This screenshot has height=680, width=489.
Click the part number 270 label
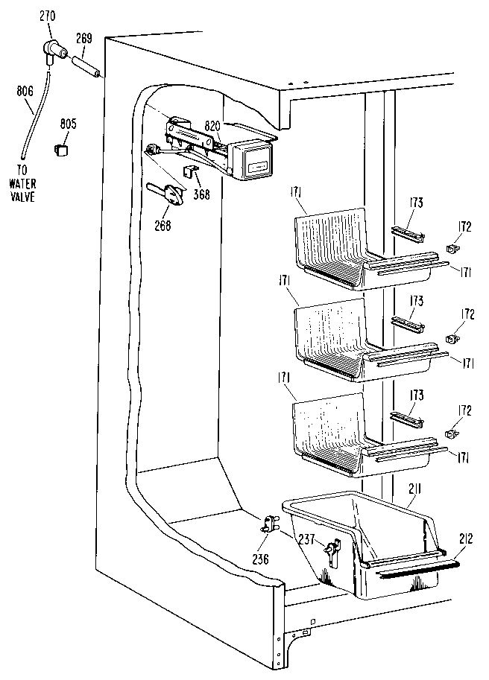[48, 15]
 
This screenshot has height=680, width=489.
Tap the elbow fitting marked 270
[52, 51]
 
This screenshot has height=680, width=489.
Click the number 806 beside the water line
[24, 92]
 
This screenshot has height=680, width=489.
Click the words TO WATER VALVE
[22, 186]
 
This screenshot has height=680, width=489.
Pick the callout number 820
[213, 127]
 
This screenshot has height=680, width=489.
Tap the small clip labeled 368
[189, 174]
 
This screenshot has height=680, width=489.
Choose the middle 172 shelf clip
[451, 340]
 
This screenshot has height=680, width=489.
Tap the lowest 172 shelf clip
[451, 433]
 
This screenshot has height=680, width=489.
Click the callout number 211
[415, 490]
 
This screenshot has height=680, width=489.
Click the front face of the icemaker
[253, 162]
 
